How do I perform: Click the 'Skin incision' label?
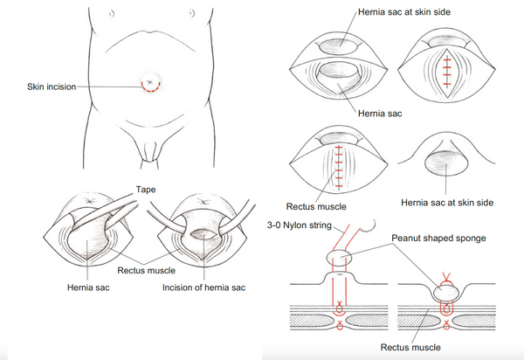click(52, 87)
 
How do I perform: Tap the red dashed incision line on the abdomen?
click(150, 91)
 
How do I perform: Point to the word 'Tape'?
click(146, 190)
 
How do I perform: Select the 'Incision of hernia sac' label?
click(203, 287)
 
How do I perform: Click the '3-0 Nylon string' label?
click(299, 225)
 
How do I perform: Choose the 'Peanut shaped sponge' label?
click(438, 239)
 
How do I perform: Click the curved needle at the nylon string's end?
click(369, 226)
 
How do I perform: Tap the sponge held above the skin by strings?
click(339, 258)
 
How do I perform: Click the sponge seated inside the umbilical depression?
click(446, 293)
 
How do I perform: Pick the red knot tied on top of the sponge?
click(446, 277)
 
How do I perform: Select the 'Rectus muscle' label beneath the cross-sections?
click(410, 347)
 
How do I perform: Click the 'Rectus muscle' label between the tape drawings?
click(146, 270)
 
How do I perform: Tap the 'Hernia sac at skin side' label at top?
click(404, 12)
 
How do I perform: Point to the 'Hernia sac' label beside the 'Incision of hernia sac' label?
click(88, 287)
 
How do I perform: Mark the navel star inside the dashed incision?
click(150, 81)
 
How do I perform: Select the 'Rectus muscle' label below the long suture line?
click(316, 206)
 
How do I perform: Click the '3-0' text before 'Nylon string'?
click(273, 225)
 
